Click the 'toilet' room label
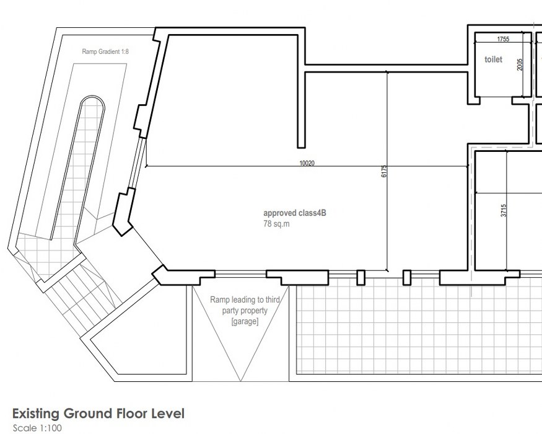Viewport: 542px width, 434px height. [493, 60]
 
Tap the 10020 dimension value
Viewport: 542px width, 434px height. [307, 164]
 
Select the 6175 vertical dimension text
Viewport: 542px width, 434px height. [383, 172]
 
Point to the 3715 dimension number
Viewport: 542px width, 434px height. [504, 210]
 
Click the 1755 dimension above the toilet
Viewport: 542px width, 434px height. [503, 39]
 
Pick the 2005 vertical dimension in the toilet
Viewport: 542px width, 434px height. [520, 64]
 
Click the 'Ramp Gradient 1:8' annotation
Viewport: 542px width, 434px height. [105, 51]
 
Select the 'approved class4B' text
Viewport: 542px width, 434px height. [295, 213]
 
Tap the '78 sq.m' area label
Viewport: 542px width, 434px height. [276, 223]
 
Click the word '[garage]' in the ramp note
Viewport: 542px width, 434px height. [245, 322]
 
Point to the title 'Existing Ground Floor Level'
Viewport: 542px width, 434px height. [98, 414]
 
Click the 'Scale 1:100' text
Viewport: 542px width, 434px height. [37, 428]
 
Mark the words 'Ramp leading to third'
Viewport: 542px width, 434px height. [245, 300]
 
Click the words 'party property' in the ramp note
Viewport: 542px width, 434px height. [245, 311]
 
